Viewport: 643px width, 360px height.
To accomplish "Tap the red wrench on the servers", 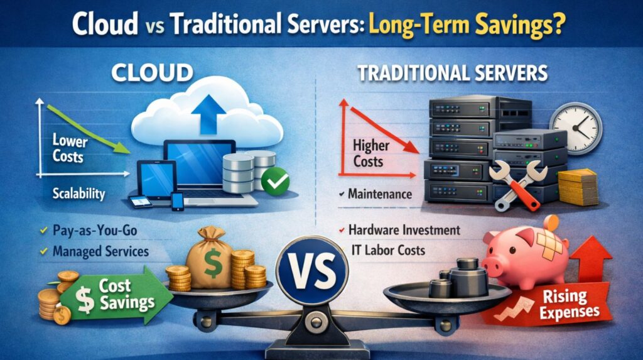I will pyautogui.click(x=516, y=182).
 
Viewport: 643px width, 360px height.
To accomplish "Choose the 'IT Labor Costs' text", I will pyautogui.click(x=387, y=250).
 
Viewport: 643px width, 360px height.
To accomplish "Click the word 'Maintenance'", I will pyautogui.click(x=380, y=194).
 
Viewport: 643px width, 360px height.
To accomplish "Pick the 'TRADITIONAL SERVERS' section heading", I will pyautogui.click(x=452, y=73).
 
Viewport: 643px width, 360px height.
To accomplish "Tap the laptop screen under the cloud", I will pyautogui.click(x=199, y=164).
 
